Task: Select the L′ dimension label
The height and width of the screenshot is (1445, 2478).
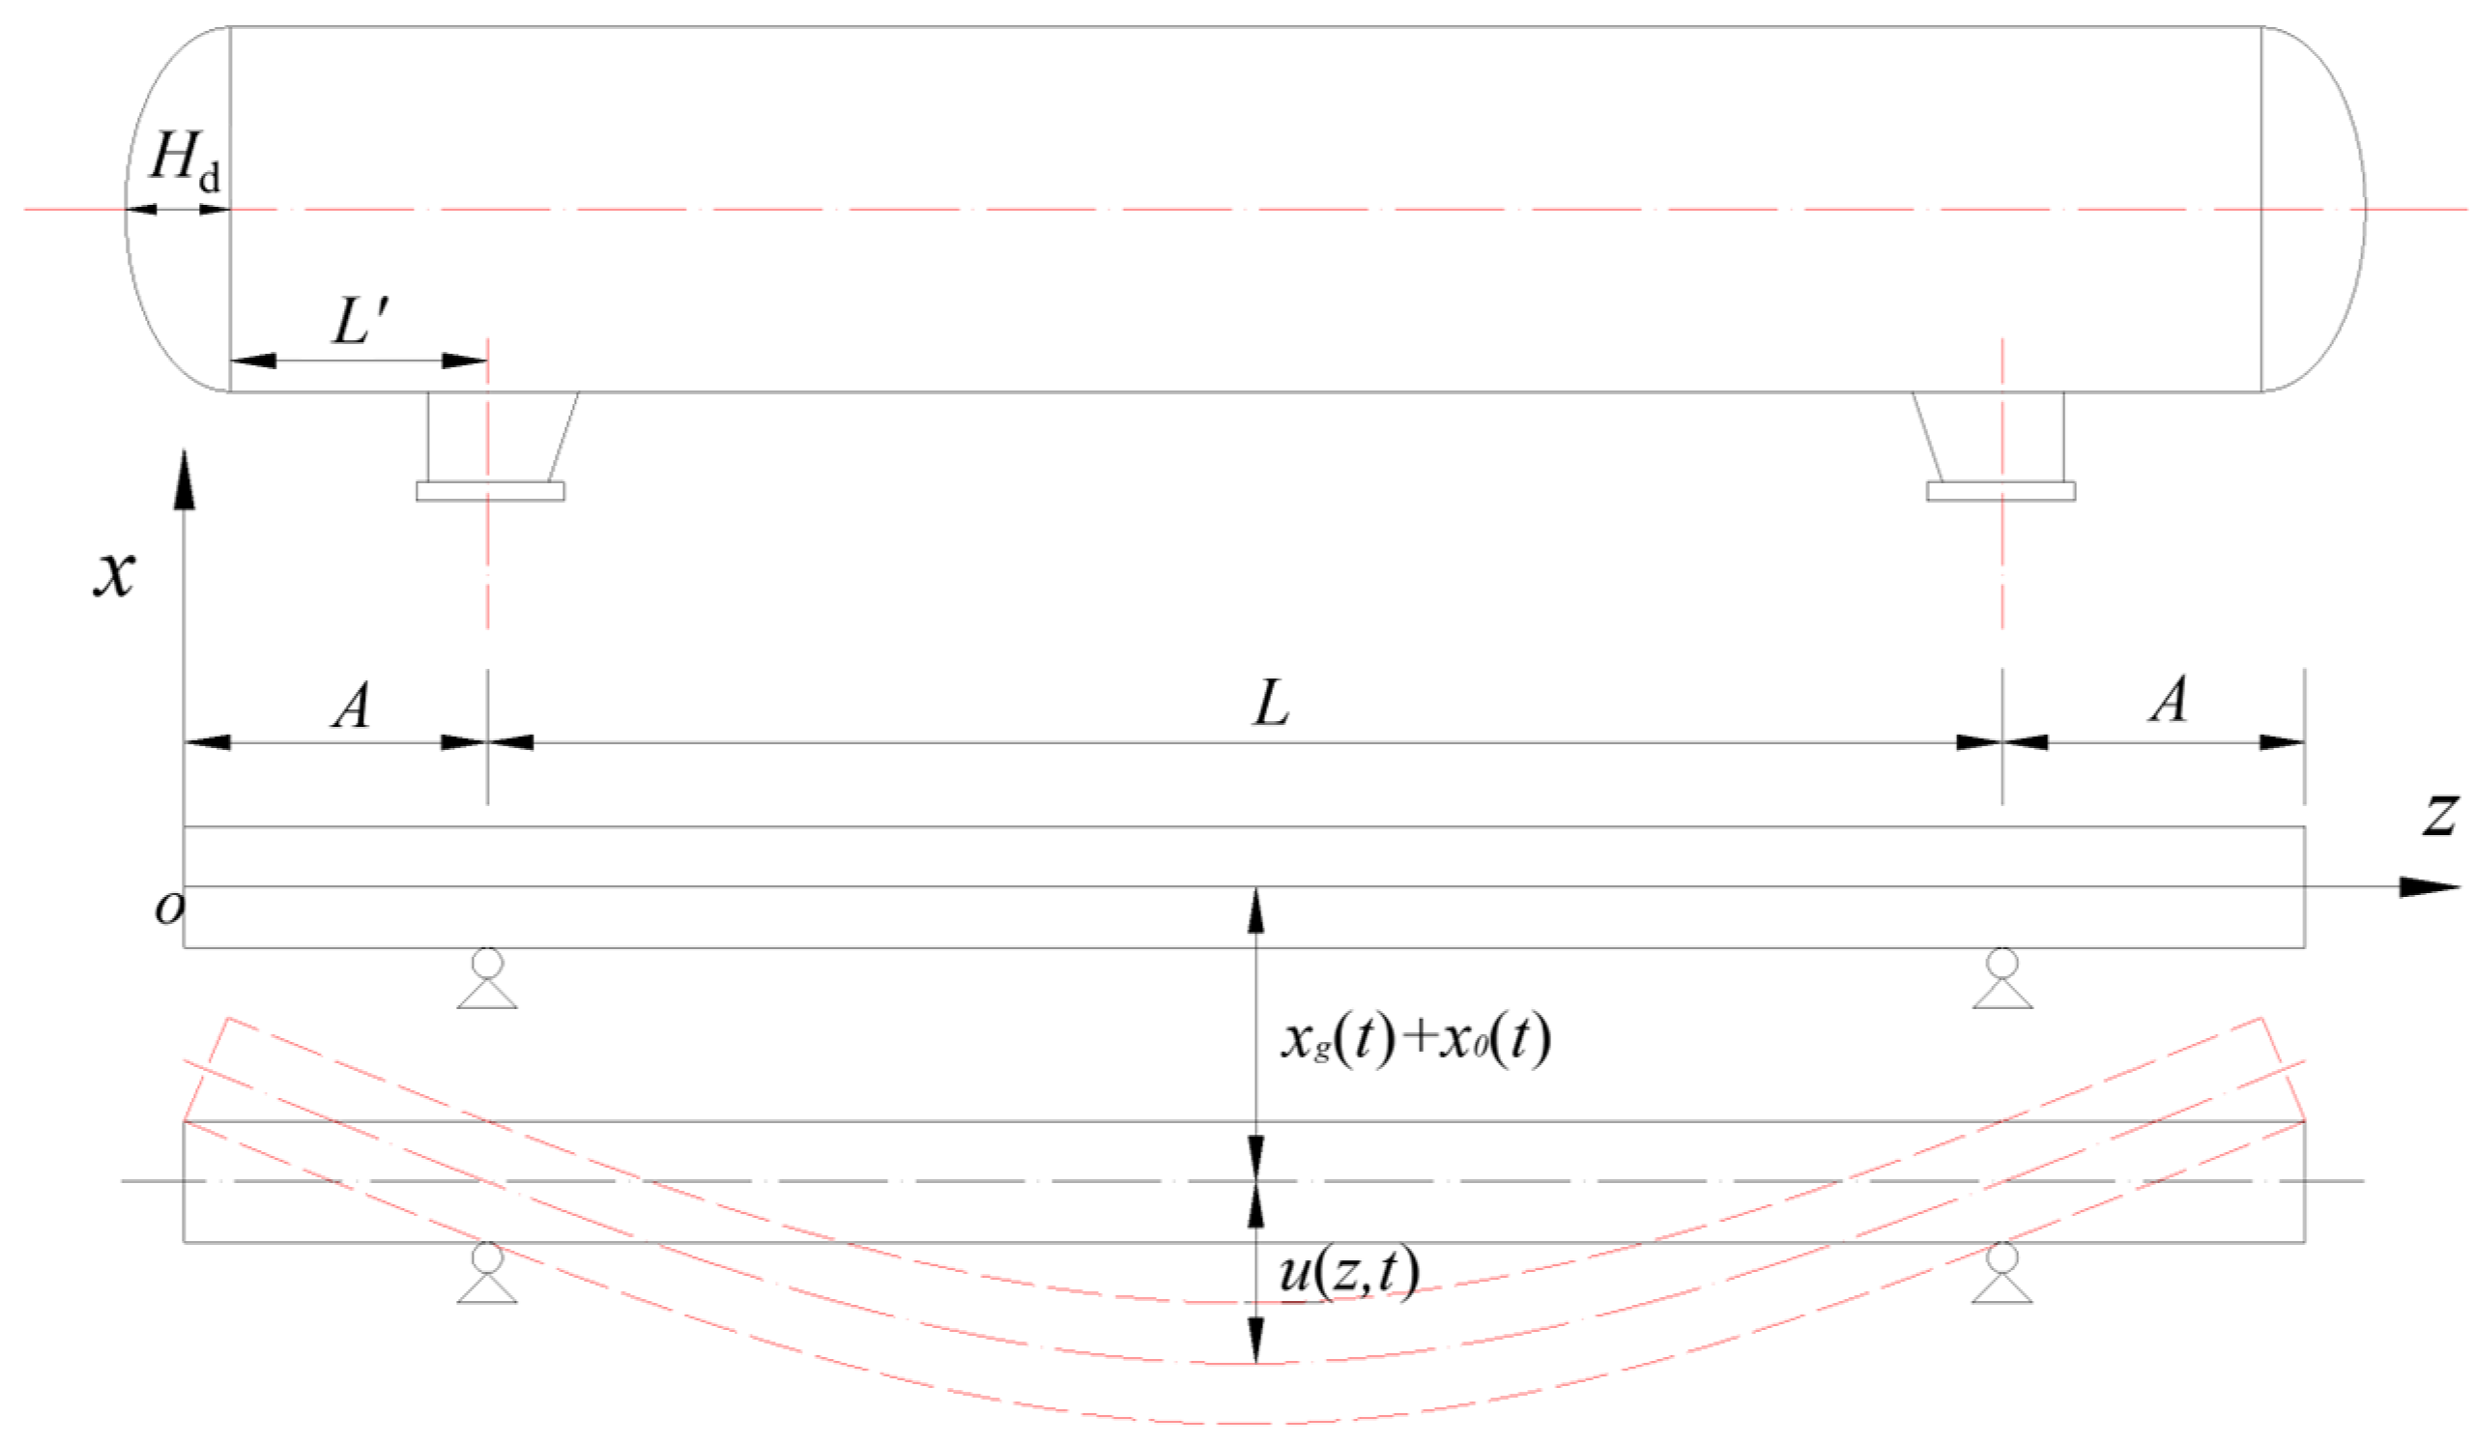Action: pyautogui.click(x=361, y=321)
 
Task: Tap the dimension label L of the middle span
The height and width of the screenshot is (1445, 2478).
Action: pyautogui.click(x=1271, y=705)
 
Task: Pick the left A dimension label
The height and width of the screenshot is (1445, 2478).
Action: pyautogui.click(x=351, y=706)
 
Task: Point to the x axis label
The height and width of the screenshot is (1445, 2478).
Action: pyautogui.click(x=114, y=572)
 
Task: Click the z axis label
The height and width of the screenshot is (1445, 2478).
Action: pyautogui.click(x=2439, y=813)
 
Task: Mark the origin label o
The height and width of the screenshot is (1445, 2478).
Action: pyautogui.click(x=169, y=907)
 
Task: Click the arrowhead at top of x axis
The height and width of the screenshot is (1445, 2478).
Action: pyautogui.click(x=184, y=480)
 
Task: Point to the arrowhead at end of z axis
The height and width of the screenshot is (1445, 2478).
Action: pyautogui.click(x=2429, y=886)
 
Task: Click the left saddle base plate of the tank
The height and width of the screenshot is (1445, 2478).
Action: pyautogui.click(x=490, y=491)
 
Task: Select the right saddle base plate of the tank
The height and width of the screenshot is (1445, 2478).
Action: pyautogui.click(x=2002, y=491)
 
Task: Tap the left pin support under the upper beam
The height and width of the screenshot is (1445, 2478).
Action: pyautogui.click(x=487, y=979)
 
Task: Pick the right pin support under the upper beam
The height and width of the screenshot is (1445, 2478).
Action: pyautogui.click(x=2003, y=979)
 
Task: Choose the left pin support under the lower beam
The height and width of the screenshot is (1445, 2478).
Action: pyautogui.click(x=487, y=1273)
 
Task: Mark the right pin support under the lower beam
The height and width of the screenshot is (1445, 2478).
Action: pyautogui.click(x=2003, y=1273)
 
